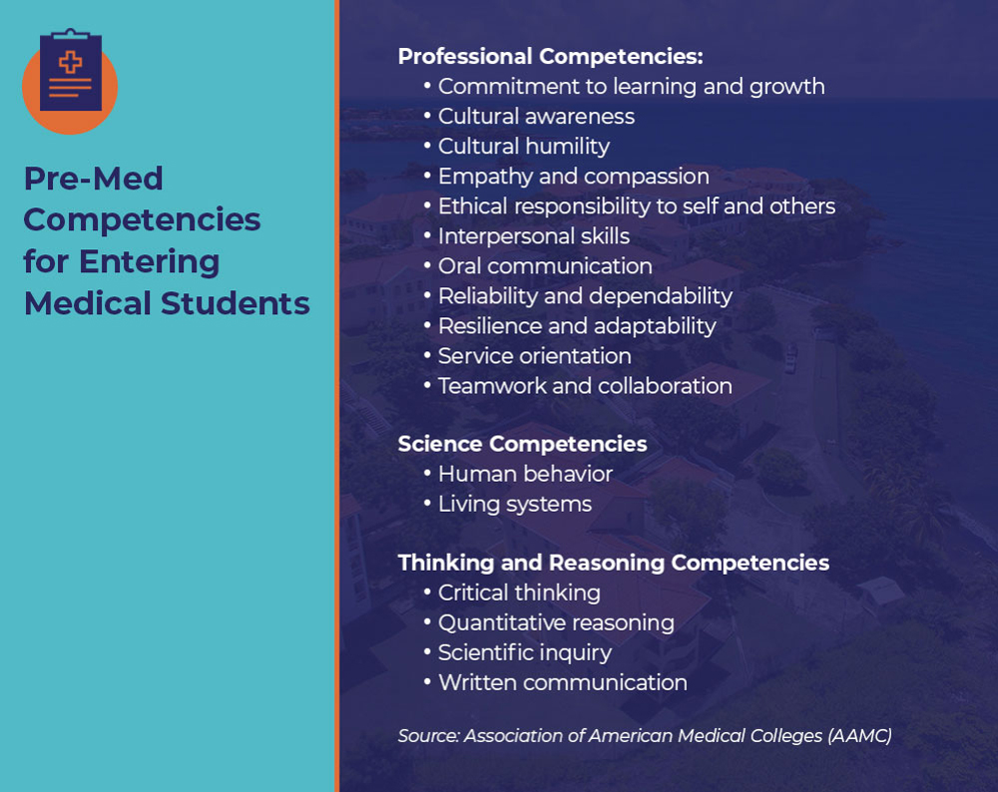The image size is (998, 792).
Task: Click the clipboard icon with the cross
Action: point(70,72)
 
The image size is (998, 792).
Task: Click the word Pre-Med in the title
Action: point(93,179)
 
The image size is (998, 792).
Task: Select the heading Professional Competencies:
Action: point(550,56)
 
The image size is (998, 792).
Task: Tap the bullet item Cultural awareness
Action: point(536,117)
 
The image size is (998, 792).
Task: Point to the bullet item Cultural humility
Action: point(523,147)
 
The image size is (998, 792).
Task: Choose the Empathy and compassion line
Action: point(573,177)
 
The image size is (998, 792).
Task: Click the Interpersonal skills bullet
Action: point(534,236)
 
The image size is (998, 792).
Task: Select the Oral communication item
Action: point(545,266)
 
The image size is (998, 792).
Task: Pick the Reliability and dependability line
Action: point(585,296)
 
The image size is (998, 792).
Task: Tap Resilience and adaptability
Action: point(577,326)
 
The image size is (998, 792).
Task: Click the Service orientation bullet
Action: point(534,356)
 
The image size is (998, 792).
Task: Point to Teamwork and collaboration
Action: point(585,386)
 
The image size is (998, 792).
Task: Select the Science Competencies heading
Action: point(522,444)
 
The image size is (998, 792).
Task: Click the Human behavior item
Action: point(525,474)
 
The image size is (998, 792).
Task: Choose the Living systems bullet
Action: point(514,504)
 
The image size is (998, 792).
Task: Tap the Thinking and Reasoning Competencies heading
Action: point(613,563)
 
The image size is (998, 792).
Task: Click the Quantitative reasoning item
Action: point(556,622)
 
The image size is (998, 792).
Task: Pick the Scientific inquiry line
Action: point(525,652)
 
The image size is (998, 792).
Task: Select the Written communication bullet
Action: point(562,682)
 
